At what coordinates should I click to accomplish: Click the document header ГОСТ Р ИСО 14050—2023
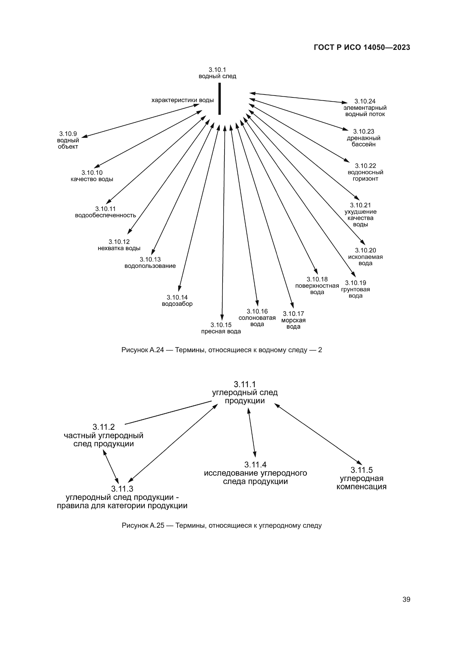[362, 48]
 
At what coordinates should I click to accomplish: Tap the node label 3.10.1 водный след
[217, 73]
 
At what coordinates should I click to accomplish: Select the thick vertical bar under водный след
[219, 99]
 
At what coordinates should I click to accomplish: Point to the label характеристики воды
[183, 100]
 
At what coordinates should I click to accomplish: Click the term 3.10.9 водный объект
[68, 140]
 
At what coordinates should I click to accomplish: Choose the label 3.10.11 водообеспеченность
[105, 212]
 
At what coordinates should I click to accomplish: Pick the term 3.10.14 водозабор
[177, 301]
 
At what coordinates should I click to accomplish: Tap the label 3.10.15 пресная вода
[221, 328]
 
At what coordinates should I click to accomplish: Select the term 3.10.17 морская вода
[293, 320]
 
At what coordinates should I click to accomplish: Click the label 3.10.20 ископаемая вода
[365, 257]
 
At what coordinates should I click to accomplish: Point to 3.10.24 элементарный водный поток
[365, 108]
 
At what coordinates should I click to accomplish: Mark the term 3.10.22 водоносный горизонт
[365, 172]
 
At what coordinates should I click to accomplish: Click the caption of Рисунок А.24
[221, 350]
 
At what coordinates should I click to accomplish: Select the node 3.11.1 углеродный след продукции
[245, 392]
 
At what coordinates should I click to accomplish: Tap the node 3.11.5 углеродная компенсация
[361, 478]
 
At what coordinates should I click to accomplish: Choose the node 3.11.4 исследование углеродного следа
[255, 473]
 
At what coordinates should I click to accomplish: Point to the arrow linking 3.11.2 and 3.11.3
[111, 466]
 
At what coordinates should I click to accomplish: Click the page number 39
[406, 599]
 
